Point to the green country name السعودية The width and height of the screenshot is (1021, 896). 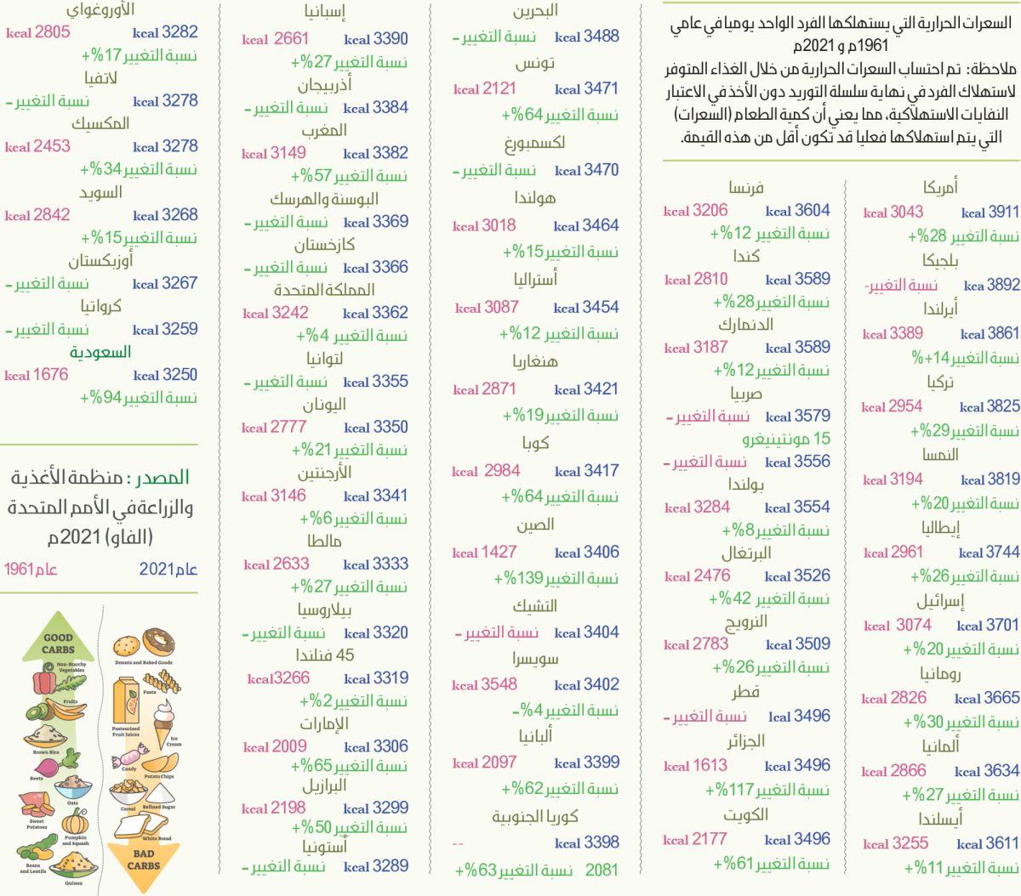click(x=100, y=352)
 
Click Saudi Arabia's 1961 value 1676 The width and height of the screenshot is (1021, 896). click(x=48, y=375)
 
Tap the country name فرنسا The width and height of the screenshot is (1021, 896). click(x=746, y=188)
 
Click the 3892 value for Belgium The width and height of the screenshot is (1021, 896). click(x=1002, y=286)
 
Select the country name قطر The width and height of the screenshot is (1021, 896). click(x=745, y=692)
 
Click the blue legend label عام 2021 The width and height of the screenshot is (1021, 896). click(x=168, y=570)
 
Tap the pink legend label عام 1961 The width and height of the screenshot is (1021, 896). click(x=31, y=570)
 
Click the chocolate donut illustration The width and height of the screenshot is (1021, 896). click(x=158, y=643)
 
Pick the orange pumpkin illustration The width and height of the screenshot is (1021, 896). click(x=75, y=822)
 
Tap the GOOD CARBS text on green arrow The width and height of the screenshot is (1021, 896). click(x=58, y=644)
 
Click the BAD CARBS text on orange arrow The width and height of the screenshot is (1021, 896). click(x=143, y=859)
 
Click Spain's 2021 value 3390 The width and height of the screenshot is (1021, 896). click(x=390, y=39)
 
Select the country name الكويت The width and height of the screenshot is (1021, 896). click(x=745, y=815)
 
